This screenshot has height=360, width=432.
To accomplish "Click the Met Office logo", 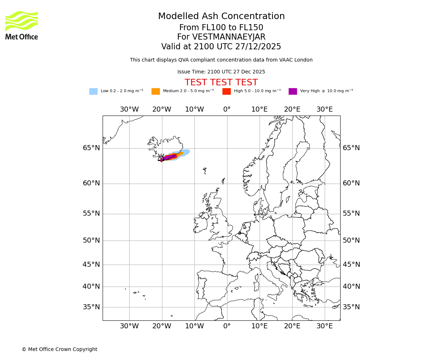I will tap(22, 25).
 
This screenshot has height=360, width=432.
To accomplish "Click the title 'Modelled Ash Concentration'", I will tap(221, 17).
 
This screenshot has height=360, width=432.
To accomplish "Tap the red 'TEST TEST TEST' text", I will tap(221, 83).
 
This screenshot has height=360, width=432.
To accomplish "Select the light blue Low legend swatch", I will tap(93, 91).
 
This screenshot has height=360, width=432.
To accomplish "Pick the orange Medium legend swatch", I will tap(156, 91).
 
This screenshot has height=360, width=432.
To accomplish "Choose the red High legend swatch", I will tap(226, 91).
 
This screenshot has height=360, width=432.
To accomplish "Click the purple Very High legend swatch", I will tap(293, 91).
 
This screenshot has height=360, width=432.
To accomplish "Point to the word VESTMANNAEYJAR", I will tap(229, 37).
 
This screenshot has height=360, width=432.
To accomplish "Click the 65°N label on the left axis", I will tap(91, 148).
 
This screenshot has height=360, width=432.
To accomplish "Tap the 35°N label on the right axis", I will tap(351, 307).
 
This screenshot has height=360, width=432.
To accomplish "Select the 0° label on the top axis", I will tap(227, 109).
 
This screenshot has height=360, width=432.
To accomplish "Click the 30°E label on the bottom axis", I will tap(325, 326).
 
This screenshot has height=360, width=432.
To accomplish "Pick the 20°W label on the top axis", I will tap(162, 109).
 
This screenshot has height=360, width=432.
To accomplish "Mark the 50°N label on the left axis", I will tap(91, 240).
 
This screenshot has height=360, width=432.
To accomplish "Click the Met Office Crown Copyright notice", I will tap(59, 349).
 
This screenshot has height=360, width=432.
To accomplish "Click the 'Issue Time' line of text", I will tap(221, 72).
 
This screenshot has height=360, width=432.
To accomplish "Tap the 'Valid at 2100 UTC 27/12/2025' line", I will tap(221, 47).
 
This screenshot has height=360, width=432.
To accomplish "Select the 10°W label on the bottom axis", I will tap(194, 326).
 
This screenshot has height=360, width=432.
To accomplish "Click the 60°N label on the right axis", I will tap(351, 183).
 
